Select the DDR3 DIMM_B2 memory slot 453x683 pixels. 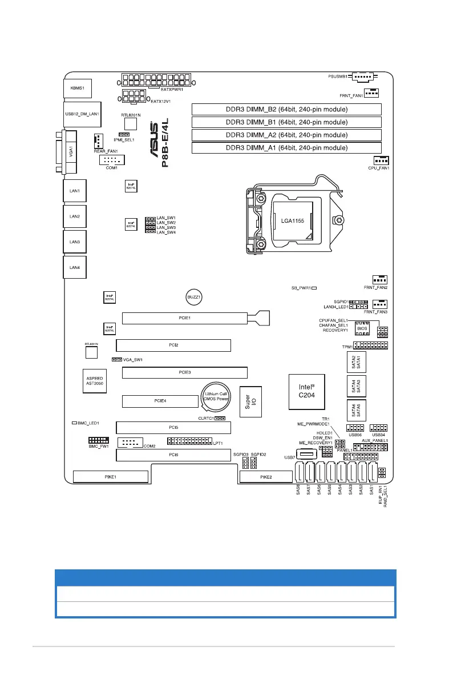click(x=286, y=110)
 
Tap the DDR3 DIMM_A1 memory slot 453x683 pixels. click(x=286, y=148)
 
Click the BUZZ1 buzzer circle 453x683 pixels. click(x=195, y=298)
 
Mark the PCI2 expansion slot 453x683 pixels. click(x=173, y=345)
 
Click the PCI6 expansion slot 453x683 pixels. click(x=173, y=455)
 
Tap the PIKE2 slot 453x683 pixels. click(x=265, y=477)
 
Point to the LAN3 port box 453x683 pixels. click(x=74, y=242)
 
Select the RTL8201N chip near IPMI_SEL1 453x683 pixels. click(x=131, y=123)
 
